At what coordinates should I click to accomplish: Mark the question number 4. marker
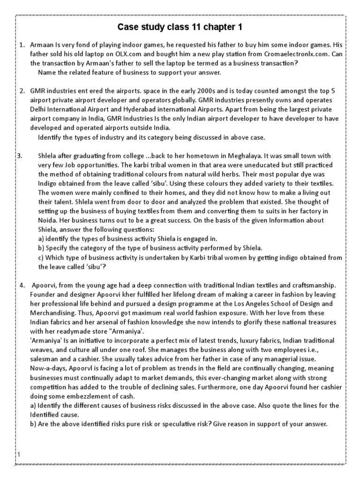tap(22, 285)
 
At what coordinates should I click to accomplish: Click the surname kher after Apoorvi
tap(126, 294)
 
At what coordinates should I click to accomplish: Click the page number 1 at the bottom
tap(19, 454)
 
